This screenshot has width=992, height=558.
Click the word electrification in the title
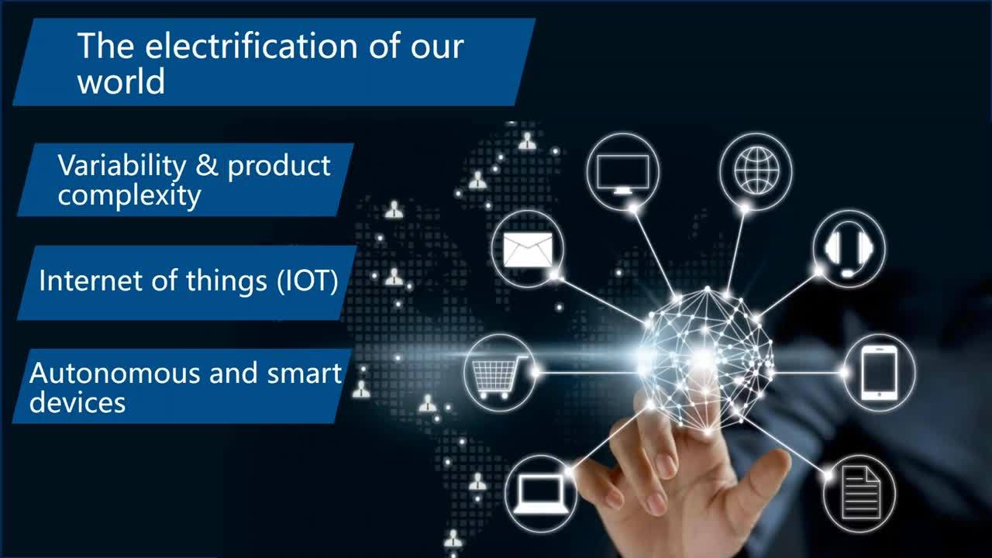pos(251,46)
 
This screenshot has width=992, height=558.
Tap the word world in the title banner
pos(121,81)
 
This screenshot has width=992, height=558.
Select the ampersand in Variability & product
pos(207,165)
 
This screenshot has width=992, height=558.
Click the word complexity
pos(129,195)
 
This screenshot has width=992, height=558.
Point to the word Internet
pos(92,281)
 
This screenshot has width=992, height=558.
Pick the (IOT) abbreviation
pos(308,281)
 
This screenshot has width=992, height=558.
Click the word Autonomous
pos(115,373)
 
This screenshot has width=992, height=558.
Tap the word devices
pos(77,402)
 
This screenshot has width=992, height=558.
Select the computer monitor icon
pos(622,173)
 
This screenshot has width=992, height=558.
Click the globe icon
pos(756,170)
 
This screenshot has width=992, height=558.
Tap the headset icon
pos(849,250)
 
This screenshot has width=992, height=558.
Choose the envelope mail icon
pos(528,250)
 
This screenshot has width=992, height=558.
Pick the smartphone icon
pos(880,373)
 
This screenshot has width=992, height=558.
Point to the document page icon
pos(860,492)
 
